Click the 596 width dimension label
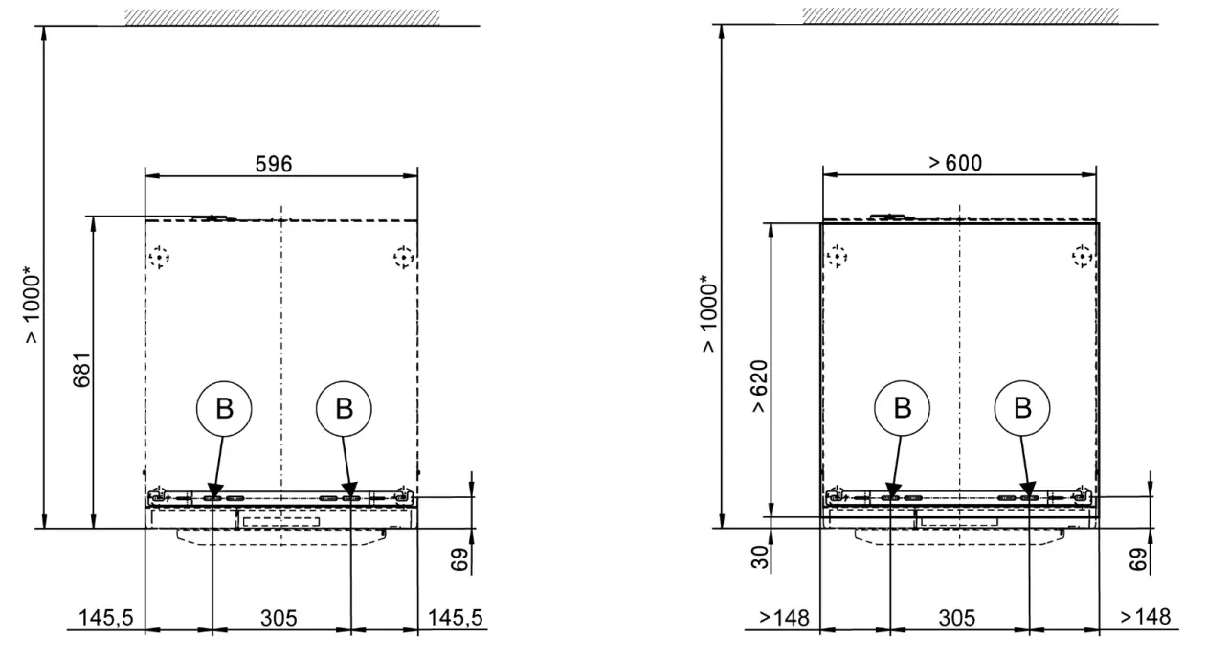tap(274, 164)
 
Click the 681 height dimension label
tap(82, 370)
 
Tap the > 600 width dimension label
tap(955, 163)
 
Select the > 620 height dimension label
tap(759, 387)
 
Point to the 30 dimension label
tap(760, 558)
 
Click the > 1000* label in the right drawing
tap(708, 314)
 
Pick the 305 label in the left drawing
tap(279, 618)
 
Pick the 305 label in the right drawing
tap(957, 618)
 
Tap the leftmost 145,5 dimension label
tap(105, 617)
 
